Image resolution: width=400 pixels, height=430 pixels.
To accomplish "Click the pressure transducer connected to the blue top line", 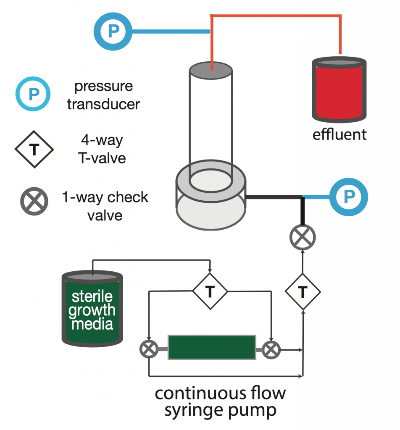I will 113,30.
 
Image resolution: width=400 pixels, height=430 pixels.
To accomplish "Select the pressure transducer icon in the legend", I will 33,93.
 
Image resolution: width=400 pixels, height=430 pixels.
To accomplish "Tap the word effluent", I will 339,135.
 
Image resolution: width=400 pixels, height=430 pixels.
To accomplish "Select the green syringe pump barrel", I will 212,347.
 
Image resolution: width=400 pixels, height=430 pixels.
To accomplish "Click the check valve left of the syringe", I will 149,348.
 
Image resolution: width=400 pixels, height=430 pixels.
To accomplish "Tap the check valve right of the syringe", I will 271,348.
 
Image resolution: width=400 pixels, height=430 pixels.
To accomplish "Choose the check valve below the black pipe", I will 303,238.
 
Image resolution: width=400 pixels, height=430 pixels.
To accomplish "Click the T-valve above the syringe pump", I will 210,291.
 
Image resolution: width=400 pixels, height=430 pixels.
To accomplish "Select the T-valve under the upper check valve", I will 303,291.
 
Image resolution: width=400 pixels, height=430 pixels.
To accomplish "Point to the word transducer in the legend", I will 103,103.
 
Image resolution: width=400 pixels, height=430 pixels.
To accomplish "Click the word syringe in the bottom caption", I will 197,410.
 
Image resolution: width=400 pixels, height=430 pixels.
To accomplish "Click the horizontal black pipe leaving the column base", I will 273,197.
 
